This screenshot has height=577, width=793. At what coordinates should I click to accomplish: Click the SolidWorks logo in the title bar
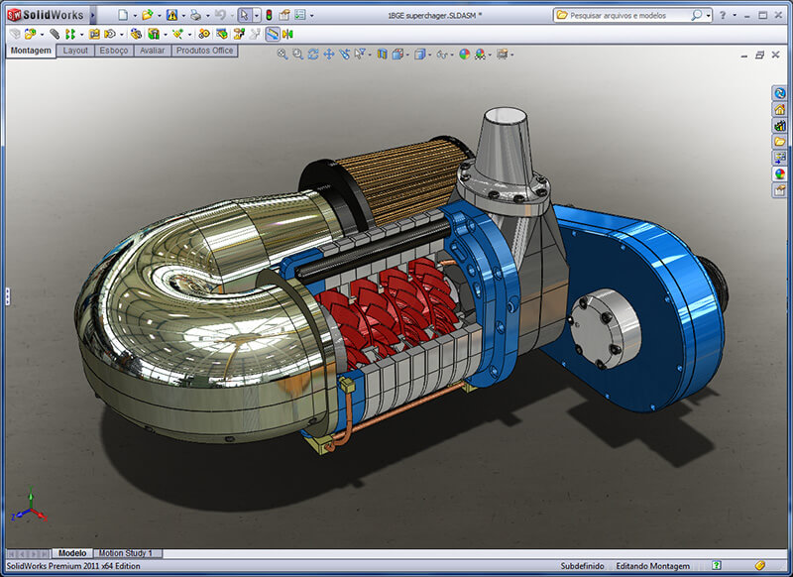[x=46, y=15]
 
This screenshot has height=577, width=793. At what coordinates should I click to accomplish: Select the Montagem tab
[x=30, y=51]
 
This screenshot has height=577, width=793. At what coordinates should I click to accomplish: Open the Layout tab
[x=74, y=51]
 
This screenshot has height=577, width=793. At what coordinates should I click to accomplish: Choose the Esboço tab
[x=113, y=51]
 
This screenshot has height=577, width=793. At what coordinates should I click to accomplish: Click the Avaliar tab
[x=152, y=51]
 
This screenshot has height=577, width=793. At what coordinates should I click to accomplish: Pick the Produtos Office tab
[x=204, y=51]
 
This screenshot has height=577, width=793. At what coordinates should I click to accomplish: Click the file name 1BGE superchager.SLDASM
[x=429, y=16]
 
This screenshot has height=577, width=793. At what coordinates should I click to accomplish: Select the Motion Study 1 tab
[x=130, y=553]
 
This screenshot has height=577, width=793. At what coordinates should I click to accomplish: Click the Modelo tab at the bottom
[x=72, y=553]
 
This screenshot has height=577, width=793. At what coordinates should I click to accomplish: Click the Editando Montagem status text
[x=652, y=566]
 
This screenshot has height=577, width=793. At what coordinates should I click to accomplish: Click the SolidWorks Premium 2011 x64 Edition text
[x=71, y=566]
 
